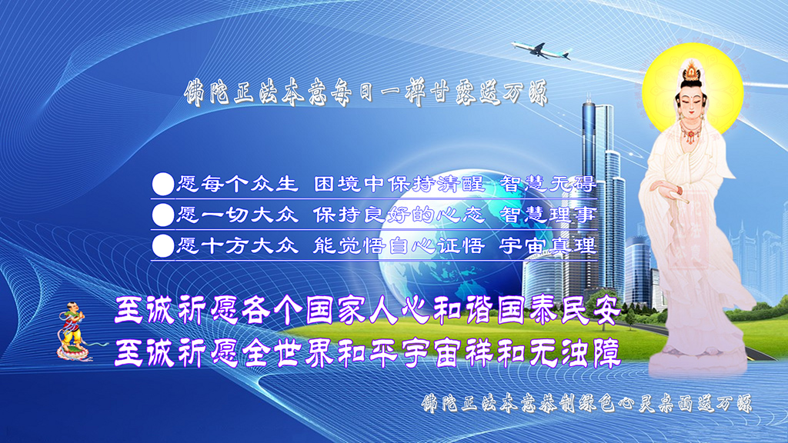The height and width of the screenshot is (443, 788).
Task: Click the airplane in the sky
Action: pyautogui.click(x=541, y=50)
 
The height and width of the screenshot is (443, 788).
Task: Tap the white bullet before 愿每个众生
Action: pyautogui.click(x=163, y=184)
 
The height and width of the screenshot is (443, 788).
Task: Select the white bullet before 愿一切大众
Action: pyautogui.click(x=163, y=215)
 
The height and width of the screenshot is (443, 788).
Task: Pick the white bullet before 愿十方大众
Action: pyautogui.click(x=163, y=246)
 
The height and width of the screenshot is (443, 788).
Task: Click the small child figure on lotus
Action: pyautogui.click(x=74, y=331)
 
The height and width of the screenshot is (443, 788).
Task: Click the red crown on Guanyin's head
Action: pyautogui.click(x=692, y=72)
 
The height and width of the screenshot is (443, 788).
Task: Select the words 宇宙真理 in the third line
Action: pyautogui.click(x=548, y=245)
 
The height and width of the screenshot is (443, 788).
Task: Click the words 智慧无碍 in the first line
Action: pyautogui.click(x=548, y=184)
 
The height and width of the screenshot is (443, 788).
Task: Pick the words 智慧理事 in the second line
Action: pyautogui.click(x=548, y=215)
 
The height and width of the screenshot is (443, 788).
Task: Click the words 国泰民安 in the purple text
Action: pyautogui.click(x=559, y=311)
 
